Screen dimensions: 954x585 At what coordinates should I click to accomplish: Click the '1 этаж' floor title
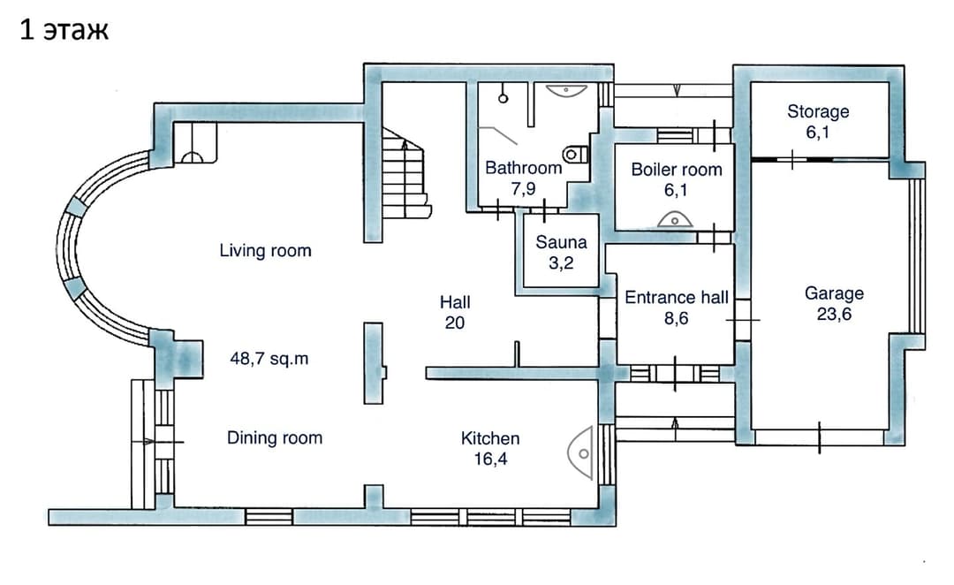[64, 30]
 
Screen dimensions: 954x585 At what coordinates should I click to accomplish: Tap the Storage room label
[818, 111]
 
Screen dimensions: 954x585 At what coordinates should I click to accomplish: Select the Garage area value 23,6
[834, 314]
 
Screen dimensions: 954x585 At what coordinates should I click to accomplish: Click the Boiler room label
[677, 170]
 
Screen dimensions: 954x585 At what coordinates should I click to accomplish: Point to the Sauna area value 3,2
[561, 263]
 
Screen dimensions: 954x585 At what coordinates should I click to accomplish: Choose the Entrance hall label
[677, 297]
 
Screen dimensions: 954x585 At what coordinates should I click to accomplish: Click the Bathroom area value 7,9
[523, 189]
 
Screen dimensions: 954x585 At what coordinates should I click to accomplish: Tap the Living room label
[265, 250]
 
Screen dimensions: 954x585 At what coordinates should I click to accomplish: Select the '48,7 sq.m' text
[269, 359]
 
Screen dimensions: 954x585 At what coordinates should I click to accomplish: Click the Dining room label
[275, 437]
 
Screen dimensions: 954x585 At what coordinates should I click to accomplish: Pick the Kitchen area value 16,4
[490, 459]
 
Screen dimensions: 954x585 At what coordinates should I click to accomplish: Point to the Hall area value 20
[455, 323]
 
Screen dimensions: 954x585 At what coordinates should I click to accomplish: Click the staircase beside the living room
[405, 173]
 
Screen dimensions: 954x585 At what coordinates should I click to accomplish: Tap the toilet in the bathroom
[575, 155]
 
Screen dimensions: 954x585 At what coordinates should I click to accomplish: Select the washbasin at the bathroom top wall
[566, 91]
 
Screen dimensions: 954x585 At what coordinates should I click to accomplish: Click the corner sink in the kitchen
[581, 453]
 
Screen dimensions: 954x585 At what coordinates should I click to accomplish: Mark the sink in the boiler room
[675, 219]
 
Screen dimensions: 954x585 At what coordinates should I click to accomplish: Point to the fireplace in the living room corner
[194, 143]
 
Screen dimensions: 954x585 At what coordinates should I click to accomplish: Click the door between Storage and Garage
[792, 159]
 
